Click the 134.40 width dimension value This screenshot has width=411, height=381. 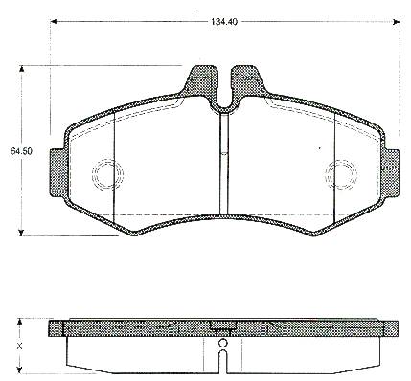[x=223, y=22]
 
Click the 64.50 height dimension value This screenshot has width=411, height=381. [x=21, y=151]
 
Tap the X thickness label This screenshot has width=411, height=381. [x=20, y=346]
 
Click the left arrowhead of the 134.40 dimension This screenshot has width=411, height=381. [x=55, y=22]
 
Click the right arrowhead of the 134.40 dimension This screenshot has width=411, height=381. [x=397, y=22]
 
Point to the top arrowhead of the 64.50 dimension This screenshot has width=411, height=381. [x=22, y=69]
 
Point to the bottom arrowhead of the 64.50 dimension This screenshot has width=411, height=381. [x=22, y=233]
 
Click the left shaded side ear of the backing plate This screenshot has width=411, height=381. [x=57, y=172]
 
